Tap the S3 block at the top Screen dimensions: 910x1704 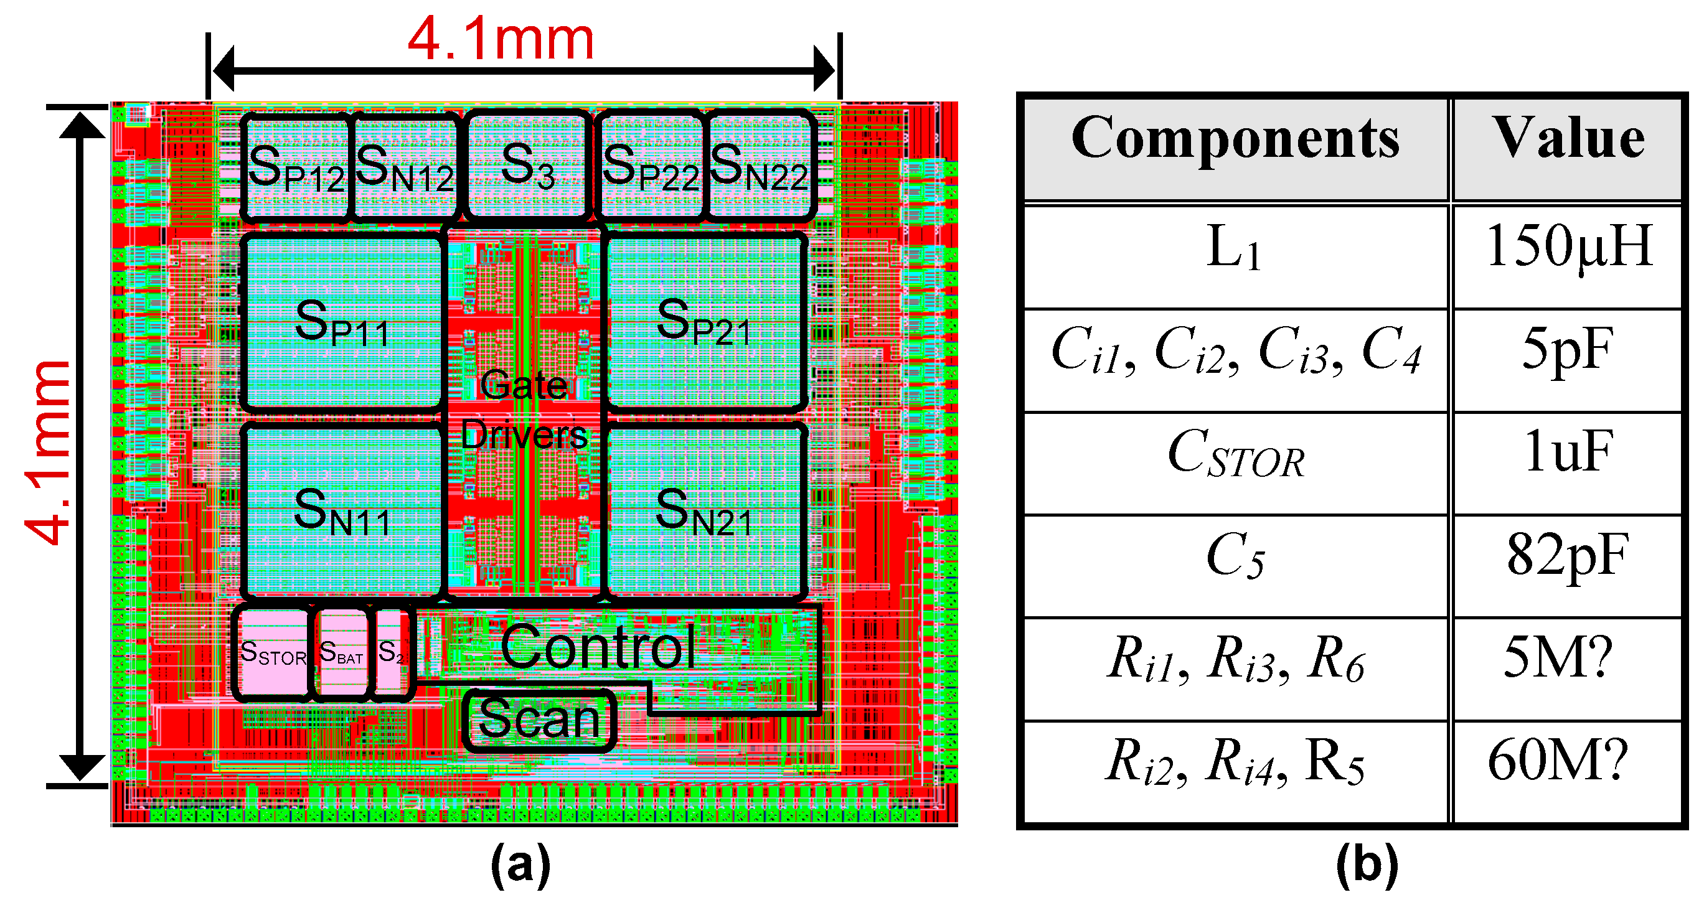pos(527,166)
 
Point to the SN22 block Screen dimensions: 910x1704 pos(760,166)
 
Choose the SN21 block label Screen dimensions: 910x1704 pos(704,512)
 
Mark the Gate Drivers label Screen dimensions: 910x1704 pos(524,410)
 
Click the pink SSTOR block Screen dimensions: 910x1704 pos(273,654)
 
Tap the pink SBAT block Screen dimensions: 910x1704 pos(341,654)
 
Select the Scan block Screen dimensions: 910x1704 pos(539,720)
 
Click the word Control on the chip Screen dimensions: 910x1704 pos(599,647)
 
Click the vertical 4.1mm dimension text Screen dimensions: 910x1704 pos(47,453)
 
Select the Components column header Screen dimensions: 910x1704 pos(1235,139)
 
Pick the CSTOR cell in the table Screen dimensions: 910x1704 pos(1235,455)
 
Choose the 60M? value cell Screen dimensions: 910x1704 pos(1558,762)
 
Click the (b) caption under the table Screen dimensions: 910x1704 pos(1367,865)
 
